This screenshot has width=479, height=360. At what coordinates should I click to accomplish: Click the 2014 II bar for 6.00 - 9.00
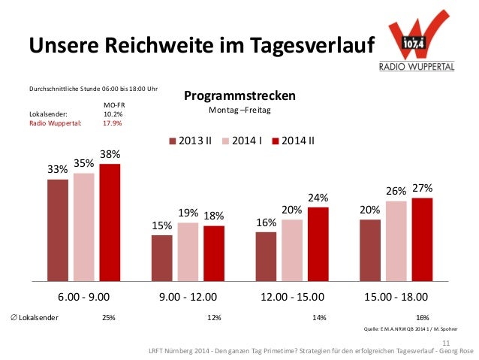click(x=110, y=221)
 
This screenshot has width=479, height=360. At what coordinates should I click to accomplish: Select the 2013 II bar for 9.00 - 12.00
click(x=161, y=256)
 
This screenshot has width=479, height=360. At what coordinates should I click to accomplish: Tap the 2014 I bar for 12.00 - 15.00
click(x=292, y=249)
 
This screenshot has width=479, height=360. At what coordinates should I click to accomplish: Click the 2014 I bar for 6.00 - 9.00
click(x=83, y=225)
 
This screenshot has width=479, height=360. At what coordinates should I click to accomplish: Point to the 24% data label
click(x=318, y=198)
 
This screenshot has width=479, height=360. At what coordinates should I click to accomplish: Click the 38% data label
click(x=110, y=154)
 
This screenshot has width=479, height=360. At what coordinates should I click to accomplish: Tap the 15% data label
click(x=161, y=225)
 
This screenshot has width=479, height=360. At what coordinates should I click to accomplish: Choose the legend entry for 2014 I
click(x=246, y=140)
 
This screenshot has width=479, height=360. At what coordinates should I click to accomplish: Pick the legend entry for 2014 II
click(x=298, y=140)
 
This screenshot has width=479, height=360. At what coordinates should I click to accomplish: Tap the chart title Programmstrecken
click(x=239, y=96)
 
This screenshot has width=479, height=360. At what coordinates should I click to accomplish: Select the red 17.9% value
click(x=113, y=123)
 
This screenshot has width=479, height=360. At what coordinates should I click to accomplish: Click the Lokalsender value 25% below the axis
click(x=108, y=317)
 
